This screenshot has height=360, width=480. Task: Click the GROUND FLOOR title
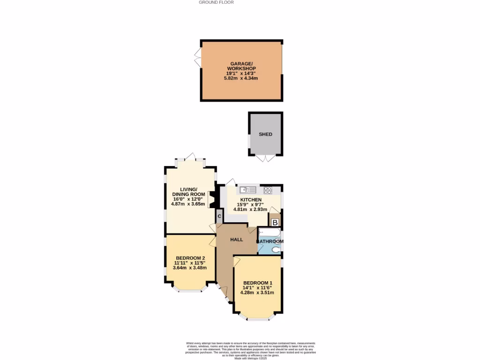click(x=216, y=2)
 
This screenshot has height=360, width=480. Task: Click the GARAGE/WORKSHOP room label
click(x=241, y=66)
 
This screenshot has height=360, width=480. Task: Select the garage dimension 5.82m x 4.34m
click(x=241, y=78)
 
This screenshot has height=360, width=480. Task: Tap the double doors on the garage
click(x=198, y=58)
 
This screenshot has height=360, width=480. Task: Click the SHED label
click(x=265, y=134)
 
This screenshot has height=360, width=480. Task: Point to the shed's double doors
click(x=265, y=158)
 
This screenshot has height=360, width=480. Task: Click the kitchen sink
click(x=247, y=190)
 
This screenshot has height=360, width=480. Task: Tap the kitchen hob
click(x=268, y=190)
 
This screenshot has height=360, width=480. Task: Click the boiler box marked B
click(x=275, y=222)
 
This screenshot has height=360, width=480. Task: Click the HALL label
click(x=236, y=240)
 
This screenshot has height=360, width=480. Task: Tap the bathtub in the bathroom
click(x=269, y=232)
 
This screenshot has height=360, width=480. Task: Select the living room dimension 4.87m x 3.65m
click(x=188, y=204)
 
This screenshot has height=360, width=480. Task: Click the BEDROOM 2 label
click(x=190, y=258)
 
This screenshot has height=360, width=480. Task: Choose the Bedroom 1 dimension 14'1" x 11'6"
click(x=257, y=287)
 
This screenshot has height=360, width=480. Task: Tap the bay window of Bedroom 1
click(x=257, y=319)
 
